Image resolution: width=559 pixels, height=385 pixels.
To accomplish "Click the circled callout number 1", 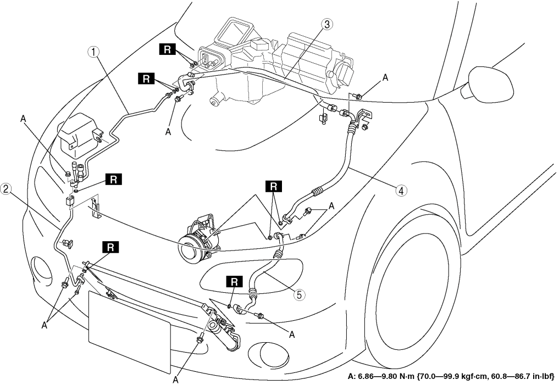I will pos(95,52).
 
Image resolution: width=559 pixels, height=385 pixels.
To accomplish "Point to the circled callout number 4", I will pos(401,191).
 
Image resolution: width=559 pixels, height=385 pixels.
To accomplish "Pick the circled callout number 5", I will pos(299,294).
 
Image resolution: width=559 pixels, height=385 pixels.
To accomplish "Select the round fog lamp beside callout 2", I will pos(40,268).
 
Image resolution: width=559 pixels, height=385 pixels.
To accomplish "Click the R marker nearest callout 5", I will pos(235,282).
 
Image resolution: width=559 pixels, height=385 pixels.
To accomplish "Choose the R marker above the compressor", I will pos(273,186).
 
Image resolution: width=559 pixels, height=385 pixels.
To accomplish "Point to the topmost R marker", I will pos(167,49).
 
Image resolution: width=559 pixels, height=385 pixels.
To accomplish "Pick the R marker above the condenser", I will pos(110,247).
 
